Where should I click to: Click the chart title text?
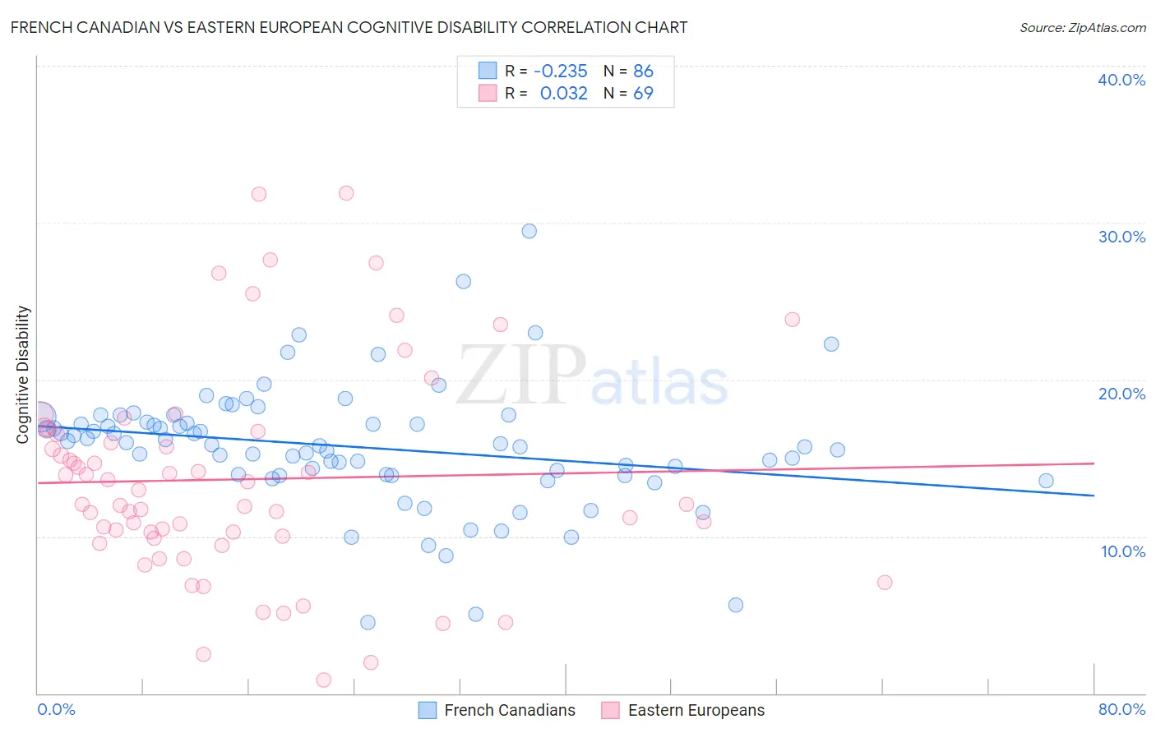349,27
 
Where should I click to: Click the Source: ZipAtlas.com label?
1082,27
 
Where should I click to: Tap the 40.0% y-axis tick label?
1121,80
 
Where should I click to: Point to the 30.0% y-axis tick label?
1121,237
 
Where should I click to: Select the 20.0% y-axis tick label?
1121,394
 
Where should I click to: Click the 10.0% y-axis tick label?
1122,551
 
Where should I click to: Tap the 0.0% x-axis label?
56,709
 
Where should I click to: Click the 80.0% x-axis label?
1121,709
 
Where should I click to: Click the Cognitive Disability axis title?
23,375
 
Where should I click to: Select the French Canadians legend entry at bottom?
497,710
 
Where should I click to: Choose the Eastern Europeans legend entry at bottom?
683,710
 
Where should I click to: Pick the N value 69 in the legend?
643,93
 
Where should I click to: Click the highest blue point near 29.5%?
529,231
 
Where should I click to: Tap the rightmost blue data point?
1046,481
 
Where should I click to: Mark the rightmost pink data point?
885,583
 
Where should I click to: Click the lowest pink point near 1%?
324,680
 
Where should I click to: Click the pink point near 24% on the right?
793,319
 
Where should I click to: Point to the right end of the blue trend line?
1094,496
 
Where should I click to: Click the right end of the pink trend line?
1094,463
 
